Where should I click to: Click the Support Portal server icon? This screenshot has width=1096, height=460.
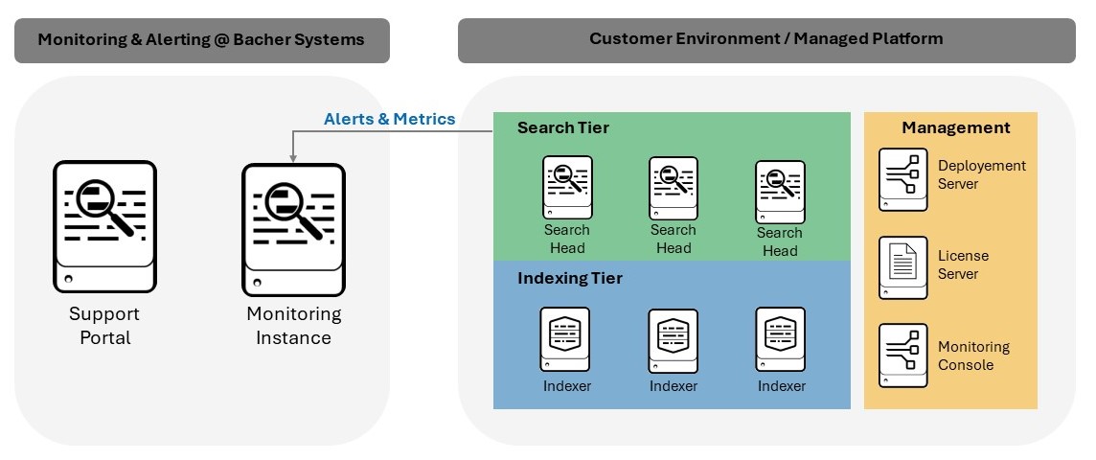[104, 226]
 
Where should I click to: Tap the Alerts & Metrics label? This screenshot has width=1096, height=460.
[389, 120]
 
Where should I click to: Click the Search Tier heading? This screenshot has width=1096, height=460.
[562, 127]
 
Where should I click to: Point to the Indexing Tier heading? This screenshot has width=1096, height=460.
[569, 279]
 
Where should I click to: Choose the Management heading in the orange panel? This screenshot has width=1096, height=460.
[955, 127]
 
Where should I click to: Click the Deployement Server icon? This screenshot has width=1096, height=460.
[902, 179]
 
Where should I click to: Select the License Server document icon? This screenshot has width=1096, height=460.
[902, 267]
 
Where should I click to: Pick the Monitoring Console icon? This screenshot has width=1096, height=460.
[902, 355]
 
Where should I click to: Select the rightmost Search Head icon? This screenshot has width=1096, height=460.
[780, 191]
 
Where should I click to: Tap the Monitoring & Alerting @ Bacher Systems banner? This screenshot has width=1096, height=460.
[201, 40]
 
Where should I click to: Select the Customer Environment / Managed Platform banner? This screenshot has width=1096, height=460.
[765, 39]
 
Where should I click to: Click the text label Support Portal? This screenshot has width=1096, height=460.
[104, 326]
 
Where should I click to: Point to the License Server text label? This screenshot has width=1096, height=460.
[963, 265]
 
